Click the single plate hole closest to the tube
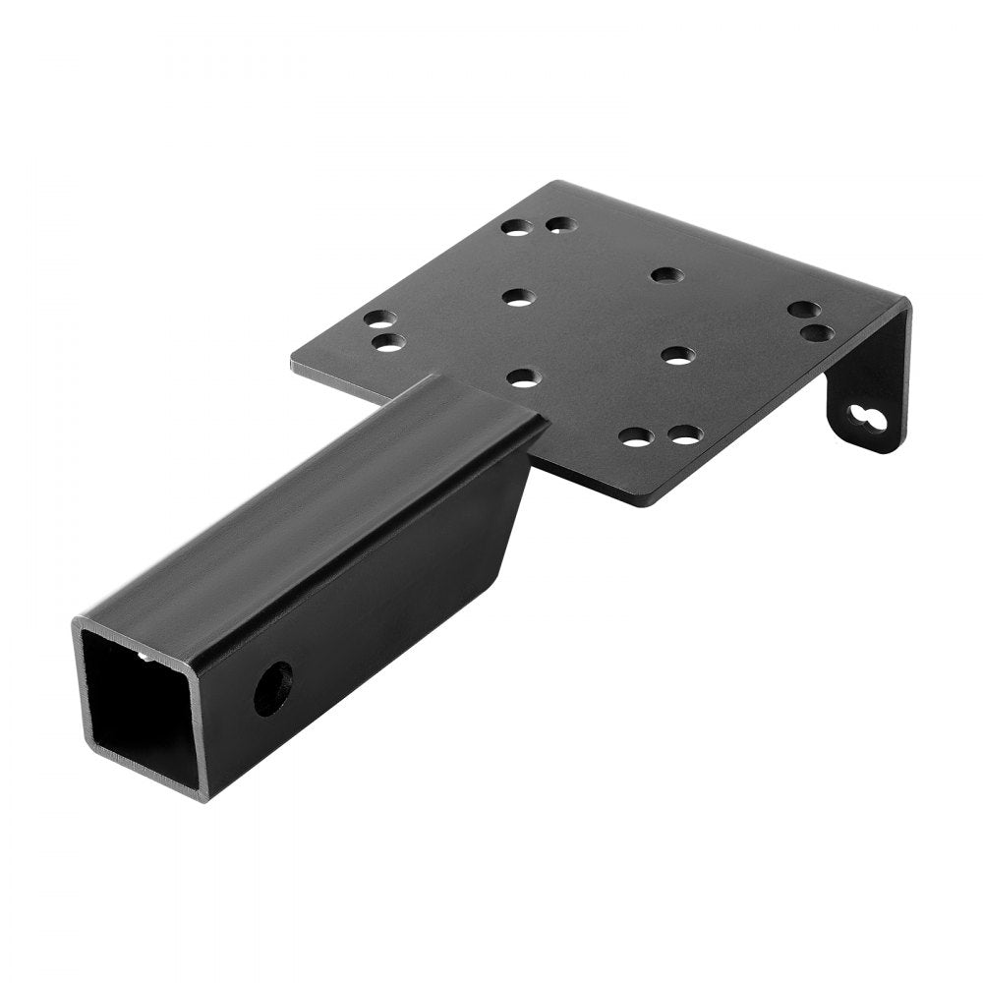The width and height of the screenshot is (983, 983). [x=525, y=376]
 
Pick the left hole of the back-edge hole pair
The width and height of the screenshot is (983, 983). [x=513, y=227]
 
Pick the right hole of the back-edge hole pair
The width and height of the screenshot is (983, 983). [x=559, y=225]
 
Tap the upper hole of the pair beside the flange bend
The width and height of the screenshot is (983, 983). [x=804, y=311]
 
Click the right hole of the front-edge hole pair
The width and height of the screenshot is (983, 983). [x=683, y=434]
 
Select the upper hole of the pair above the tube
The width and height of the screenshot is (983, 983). [x=379, y=320]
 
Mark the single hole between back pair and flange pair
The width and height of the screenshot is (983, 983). [x=666, y=274]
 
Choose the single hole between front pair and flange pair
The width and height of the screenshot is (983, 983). [x=677, y=355]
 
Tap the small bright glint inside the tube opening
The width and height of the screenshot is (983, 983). [x=146, y=657]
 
